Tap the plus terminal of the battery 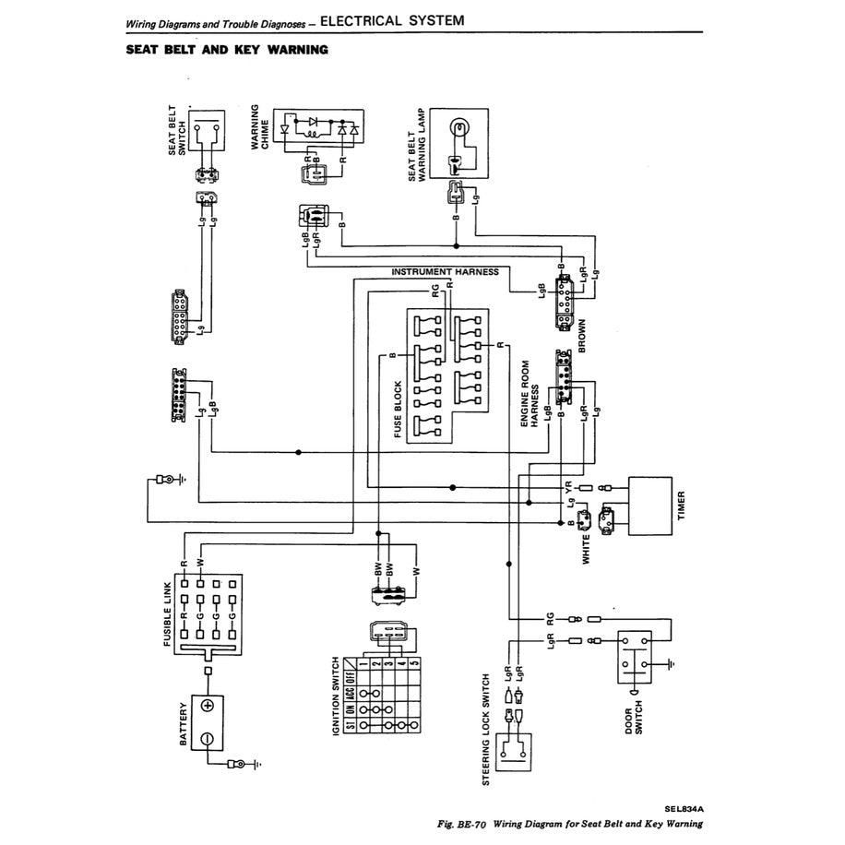[x=208, y=706]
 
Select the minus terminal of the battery [x=208, y=739]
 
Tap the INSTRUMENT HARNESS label [x=445, y=272]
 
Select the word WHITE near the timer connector [x=585, y=547]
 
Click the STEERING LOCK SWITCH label [x=485, y=730]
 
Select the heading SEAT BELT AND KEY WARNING [x=227, y=50]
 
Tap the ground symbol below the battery [x=254, y=765]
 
